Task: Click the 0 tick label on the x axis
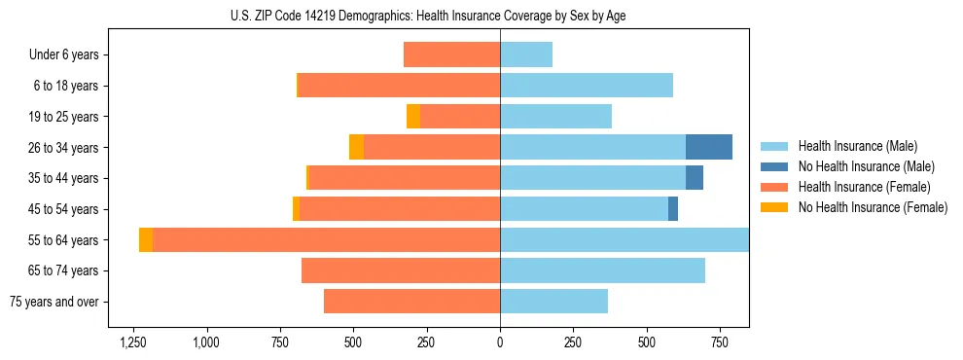point(500,342)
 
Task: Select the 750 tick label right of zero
point(720,342)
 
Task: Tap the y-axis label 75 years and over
point(53,302)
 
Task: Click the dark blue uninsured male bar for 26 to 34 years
point(709,147)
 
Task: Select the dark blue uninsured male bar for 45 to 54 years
point(673,208)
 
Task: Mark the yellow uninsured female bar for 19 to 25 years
point(413,117)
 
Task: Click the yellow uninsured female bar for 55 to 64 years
point(146,239)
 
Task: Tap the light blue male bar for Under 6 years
point(526,54)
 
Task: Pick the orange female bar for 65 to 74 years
point(401,270)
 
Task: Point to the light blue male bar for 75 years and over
point(554,302)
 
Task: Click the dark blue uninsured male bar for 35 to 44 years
point(695,178)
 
